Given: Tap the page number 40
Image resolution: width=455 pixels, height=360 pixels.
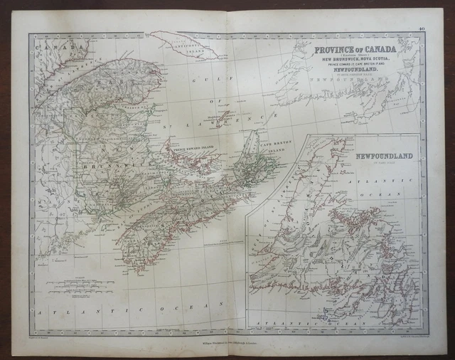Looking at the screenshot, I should point(422,28).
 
